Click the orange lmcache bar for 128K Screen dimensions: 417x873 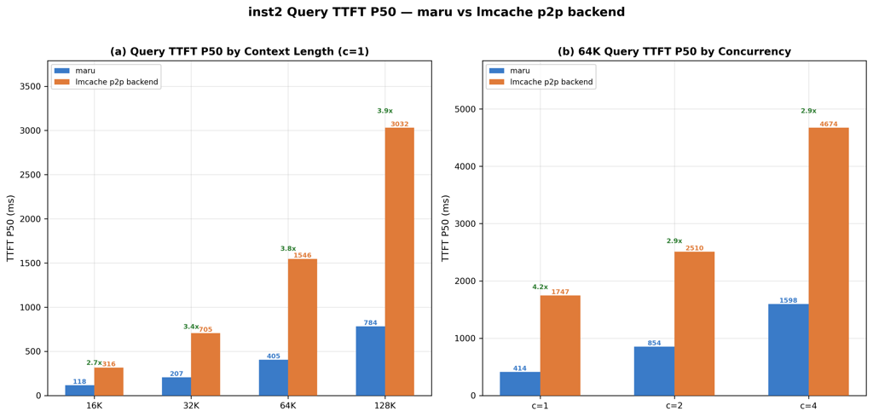pos(399,261)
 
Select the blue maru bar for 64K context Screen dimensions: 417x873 pos(274,377)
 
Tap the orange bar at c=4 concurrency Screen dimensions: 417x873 pos(828,261)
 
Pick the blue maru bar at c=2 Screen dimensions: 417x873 pos(654,370)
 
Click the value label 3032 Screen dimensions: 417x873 pos(399,125)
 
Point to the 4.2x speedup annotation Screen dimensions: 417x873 pos(540,287)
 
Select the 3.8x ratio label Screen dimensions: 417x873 pos(288,249)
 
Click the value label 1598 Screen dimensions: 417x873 pos(788,301)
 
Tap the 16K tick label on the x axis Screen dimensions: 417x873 pos(95,406)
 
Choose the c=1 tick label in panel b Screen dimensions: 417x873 pos(540,406)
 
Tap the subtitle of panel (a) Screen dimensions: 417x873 pos(240,52)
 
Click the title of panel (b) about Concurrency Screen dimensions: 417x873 pos(674,52)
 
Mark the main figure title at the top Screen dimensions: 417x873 pos(436,13)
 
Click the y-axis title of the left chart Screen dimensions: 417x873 pos(11,228)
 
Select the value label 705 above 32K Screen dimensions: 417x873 pos(205,329)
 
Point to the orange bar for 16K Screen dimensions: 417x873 pos(109,381)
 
